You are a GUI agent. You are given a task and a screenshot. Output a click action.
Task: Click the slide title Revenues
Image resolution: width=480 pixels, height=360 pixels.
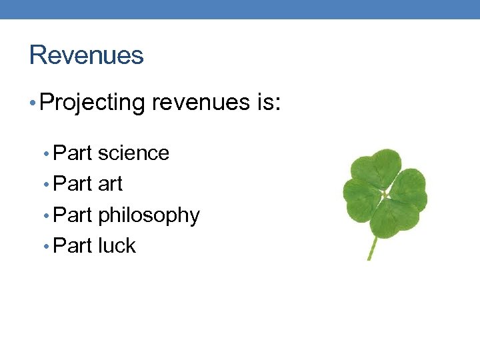(86, 55)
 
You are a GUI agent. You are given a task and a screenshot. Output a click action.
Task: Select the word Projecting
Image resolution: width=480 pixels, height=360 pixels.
(92, 103)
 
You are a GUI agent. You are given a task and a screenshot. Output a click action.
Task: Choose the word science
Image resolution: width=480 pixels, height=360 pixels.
(133, 153)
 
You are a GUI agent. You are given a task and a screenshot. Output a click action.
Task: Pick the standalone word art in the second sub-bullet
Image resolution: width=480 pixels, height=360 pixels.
(110, 184)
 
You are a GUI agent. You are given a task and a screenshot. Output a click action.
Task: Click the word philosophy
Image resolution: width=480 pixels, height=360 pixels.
(149, 215)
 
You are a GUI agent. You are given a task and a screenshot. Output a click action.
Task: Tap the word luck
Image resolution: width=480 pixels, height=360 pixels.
(117, 246)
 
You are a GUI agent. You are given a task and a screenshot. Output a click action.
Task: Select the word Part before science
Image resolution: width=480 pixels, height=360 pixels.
(72, 153)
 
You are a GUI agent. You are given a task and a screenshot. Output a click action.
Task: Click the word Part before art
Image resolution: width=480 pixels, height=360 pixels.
(72, 184)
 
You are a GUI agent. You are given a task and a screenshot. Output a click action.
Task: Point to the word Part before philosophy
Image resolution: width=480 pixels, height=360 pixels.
(72, 215)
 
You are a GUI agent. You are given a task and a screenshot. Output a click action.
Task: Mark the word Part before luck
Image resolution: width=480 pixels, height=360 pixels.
(72, 246)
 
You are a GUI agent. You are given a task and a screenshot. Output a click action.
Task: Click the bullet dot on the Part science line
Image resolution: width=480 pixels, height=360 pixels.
(46, 154)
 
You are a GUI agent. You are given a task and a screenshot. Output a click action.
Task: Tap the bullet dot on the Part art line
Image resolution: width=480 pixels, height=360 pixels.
(46, 185)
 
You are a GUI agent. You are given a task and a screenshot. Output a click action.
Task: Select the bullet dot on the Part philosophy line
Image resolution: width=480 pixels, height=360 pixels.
(46, 216)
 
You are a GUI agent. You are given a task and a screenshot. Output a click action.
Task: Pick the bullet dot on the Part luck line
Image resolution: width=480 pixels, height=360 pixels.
(46, 247)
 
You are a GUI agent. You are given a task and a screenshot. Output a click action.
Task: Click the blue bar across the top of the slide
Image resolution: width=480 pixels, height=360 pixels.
(240, 9)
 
